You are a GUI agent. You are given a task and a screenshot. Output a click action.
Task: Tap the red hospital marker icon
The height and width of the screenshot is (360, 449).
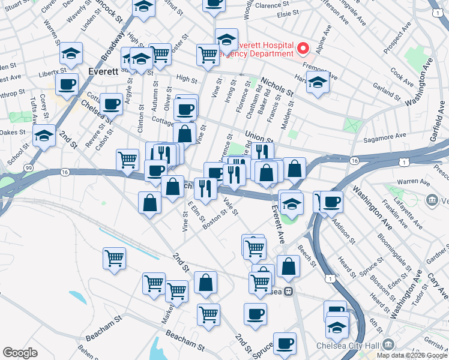click(x=303, y=47)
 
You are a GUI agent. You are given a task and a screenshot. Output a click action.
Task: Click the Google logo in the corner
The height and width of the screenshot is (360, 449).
click(x=20, y=353)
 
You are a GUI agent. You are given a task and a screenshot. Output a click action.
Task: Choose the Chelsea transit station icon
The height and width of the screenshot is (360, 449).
click(x=288, y=291)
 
